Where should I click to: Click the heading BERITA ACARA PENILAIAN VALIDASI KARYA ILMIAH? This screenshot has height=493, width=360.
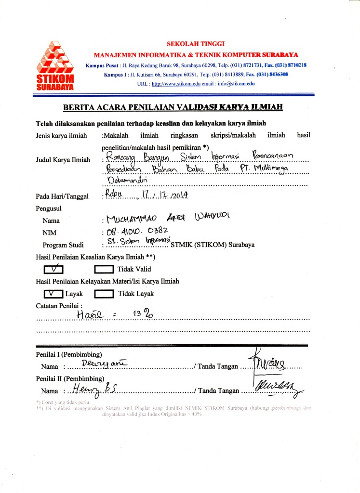tap(173, 107)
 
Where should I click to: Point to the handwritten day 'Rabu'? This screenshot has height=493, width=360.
tap(115, 195)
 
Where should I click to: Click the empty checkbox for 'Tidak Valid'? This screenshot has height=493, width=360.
tap(104, 269)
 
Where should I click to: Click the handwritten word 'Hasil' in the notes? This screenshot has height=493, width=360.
tap(91, 315)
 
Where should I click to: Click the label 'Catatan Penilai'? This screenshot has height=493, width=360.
tap(59, 305)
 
